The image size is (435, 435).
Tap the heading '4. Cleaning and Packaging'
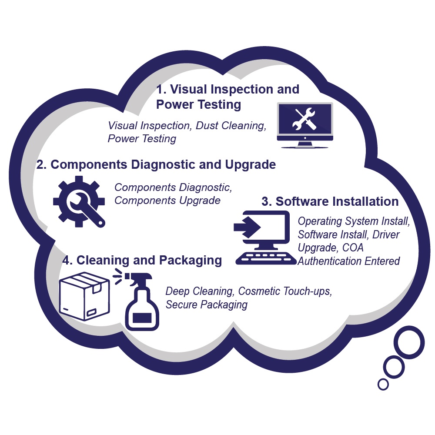(x=142, y=260)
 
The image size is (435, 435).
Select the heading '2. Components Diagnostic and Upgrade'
(x=156, y=165)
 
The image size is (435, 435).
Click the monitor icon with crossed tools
(x=305, y=124)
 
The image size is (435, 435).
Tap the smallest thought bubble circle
(x=383, y=384)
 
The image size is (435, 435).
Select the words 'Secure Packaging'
(x=206, y=304)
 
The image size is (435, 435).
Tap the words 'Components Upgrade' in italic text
(x=167, y=201)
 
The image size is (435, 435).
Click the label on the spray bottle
(x=142, y=318)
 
